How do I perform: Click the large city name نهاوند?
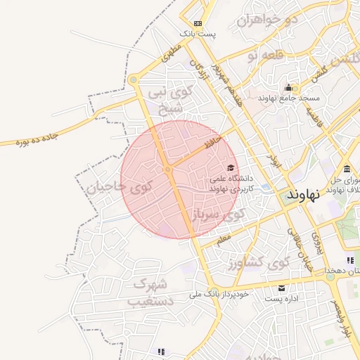pos(314,195)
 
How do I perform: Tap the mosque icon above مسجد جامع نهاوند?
pos(288,87)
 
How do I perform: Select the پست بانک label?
pos(198,33)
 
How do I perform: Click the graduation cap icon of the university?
pos(231,165)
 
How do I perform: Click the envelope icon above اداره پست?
pos(282,288)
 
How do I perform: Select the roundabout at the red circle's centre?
pos(167,169)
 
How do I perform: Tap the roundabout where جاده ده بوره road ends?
pos(133,80)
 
